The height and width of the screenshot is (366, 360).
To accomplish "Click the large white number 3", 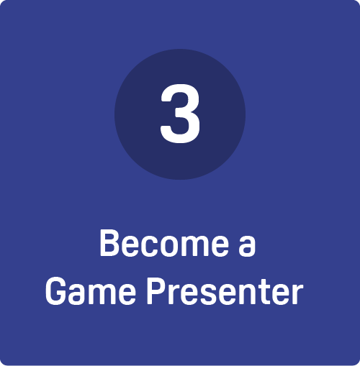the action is (x=180, y=114).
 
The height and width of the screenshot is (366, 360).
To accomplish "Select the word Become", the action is (x=164, y=243).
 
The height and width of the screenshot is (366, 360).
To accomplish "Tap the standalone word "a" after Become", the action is (x=247, y=247).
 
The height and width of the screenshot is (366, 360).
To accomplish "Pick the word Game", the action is (x=91, y=292).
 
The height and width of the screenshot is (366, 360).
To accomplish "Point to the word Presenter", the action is (x=225, y=292).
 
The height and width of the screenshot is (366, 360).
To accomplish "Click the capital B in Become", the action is (x=109, y=243).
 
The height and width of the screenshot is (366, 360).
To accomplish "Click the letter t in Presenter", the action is (x=263, y=293).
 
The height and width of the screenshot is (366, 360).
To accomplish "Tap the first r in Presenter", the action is (x=174, y=295).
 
